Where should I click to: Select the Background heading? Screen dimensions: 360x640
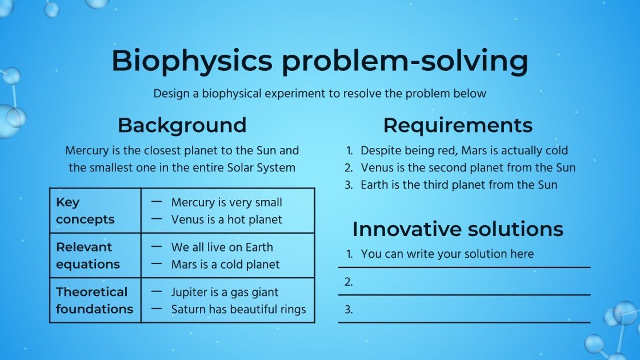click(x=182, y=125)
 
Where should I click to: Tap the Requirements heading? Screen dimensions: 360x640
click(x=458, y=125)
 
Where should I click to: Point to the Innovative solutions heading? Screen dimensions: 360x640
click(x=458, y=229)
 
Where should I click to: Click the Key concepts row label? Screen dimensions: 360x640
click(x=85, y=211)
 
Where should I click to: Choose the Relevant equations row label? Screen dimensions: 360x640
click(x=87, y=255)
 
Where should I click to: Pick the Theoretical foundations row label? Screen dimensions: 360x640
click(x=94, y=300)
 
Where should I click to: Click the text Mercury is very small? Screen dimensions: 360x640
click(x=226, y=203)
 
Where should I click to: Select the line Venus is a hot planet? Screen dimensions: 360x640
click(x=226, y=219)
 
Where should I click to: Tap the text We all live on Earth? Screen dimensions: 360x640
click(x=222, y=247)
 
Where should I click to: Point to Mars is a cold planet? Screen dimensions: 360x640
click(x=225, y=265)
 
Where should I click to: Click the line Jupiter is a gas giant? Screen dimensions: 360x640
click(x=225, y=293)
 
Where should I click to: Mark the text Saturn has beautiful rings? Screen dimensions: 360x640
click(x=238, y=309)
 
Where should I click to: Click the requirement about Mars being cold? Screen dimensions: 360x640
click(x=464, y=151)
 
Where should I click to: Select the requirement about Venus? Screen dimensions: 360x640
click(x=468, y=168)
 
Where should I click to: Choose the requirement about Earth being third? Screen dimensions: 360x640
click(x=459, y=185)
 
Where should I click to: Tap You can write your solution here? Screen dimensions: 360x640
click(x=447, y=254)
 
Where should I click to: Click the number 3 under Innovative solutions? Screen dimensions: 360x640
click(x=349, y=310)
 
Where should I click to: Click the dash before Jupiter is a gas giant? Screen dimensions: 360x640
click(x=156, y=291)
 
